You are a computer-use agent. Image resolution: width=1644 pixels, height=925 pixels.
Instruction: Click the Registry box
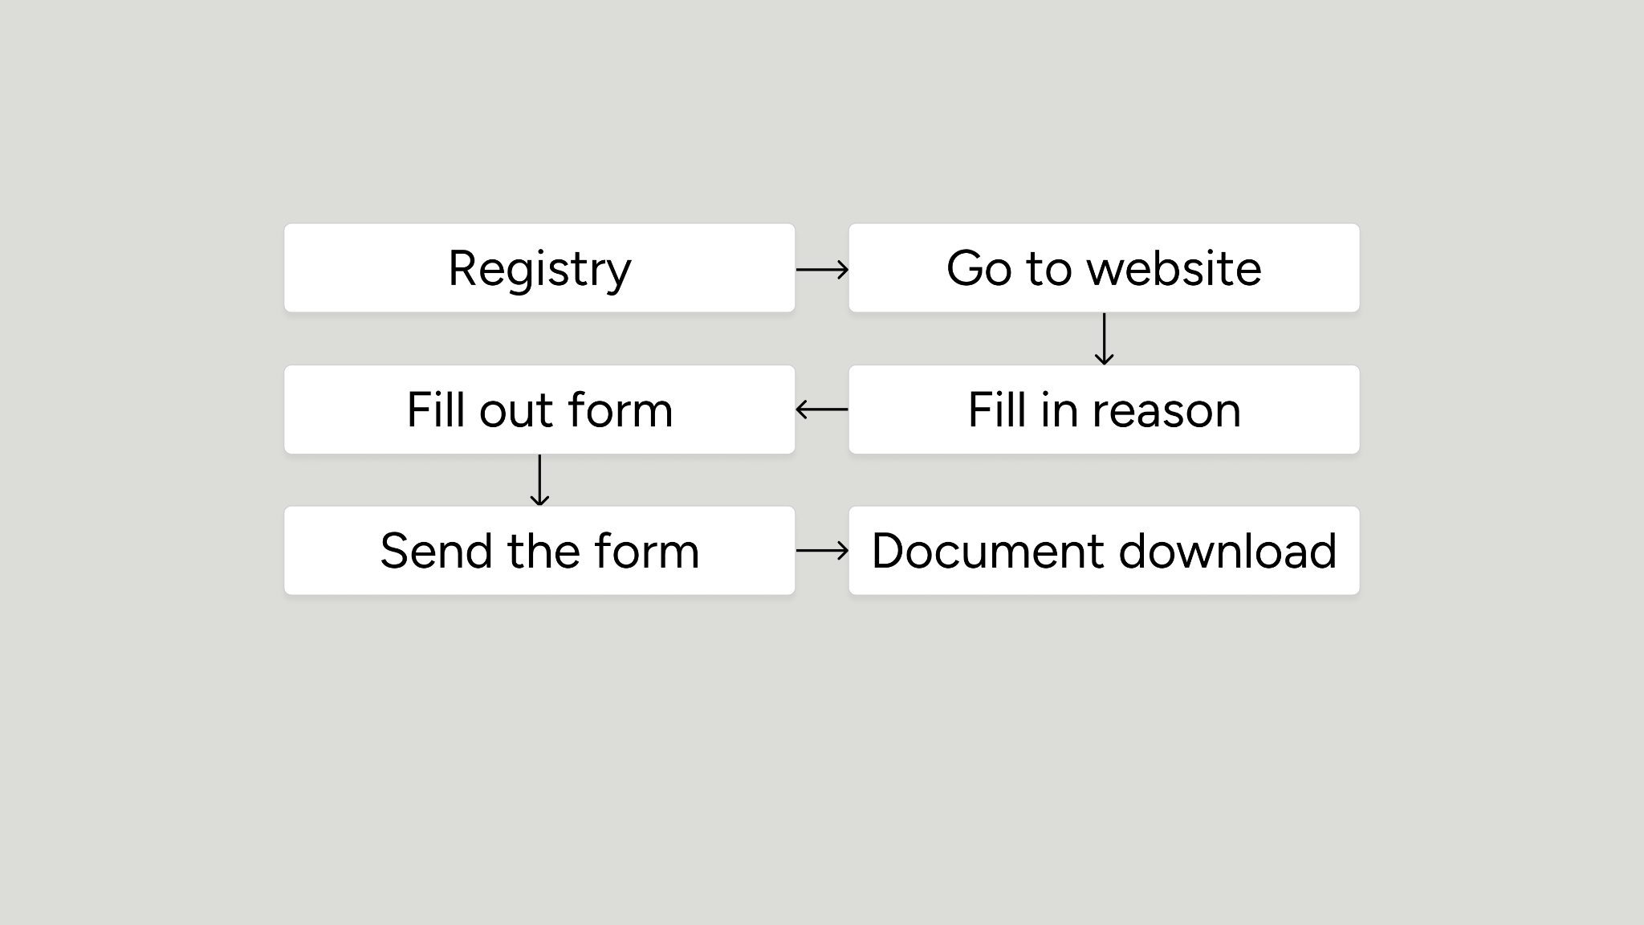539,268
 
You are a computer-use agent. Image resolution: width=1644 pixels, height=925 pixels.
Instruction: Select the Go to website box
1104,268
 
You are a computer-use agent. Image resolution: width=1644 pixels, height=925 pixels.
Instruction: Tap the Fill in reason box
1104,410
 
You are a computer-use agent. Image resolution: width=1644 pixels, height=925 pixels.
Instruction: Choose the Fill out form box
539,410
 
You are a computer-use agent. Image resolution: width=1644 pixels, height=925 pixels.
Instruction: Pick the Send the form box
539,551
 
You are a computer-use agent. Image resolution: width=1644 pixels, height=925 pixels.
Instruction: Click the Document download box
1104,551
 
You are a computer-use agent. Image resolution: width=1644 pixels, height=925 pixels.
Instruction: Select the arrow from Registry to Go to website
822,270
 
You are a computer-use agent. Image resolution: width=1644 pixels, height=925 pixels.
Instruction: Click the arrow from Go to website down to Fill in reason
1105,339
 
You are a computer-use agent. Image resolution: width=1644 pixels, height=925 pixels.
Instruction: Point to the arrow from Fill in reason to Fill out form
822,410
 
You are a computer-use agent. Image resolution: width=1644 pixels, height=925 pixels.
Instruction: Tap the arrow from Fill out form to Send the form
539,480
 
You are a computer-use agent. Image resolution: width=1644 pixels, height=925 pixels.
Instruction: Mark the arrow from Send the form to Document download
822,551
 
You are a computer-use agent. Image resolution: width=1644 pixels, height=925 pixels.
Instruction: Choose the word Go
979,268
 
